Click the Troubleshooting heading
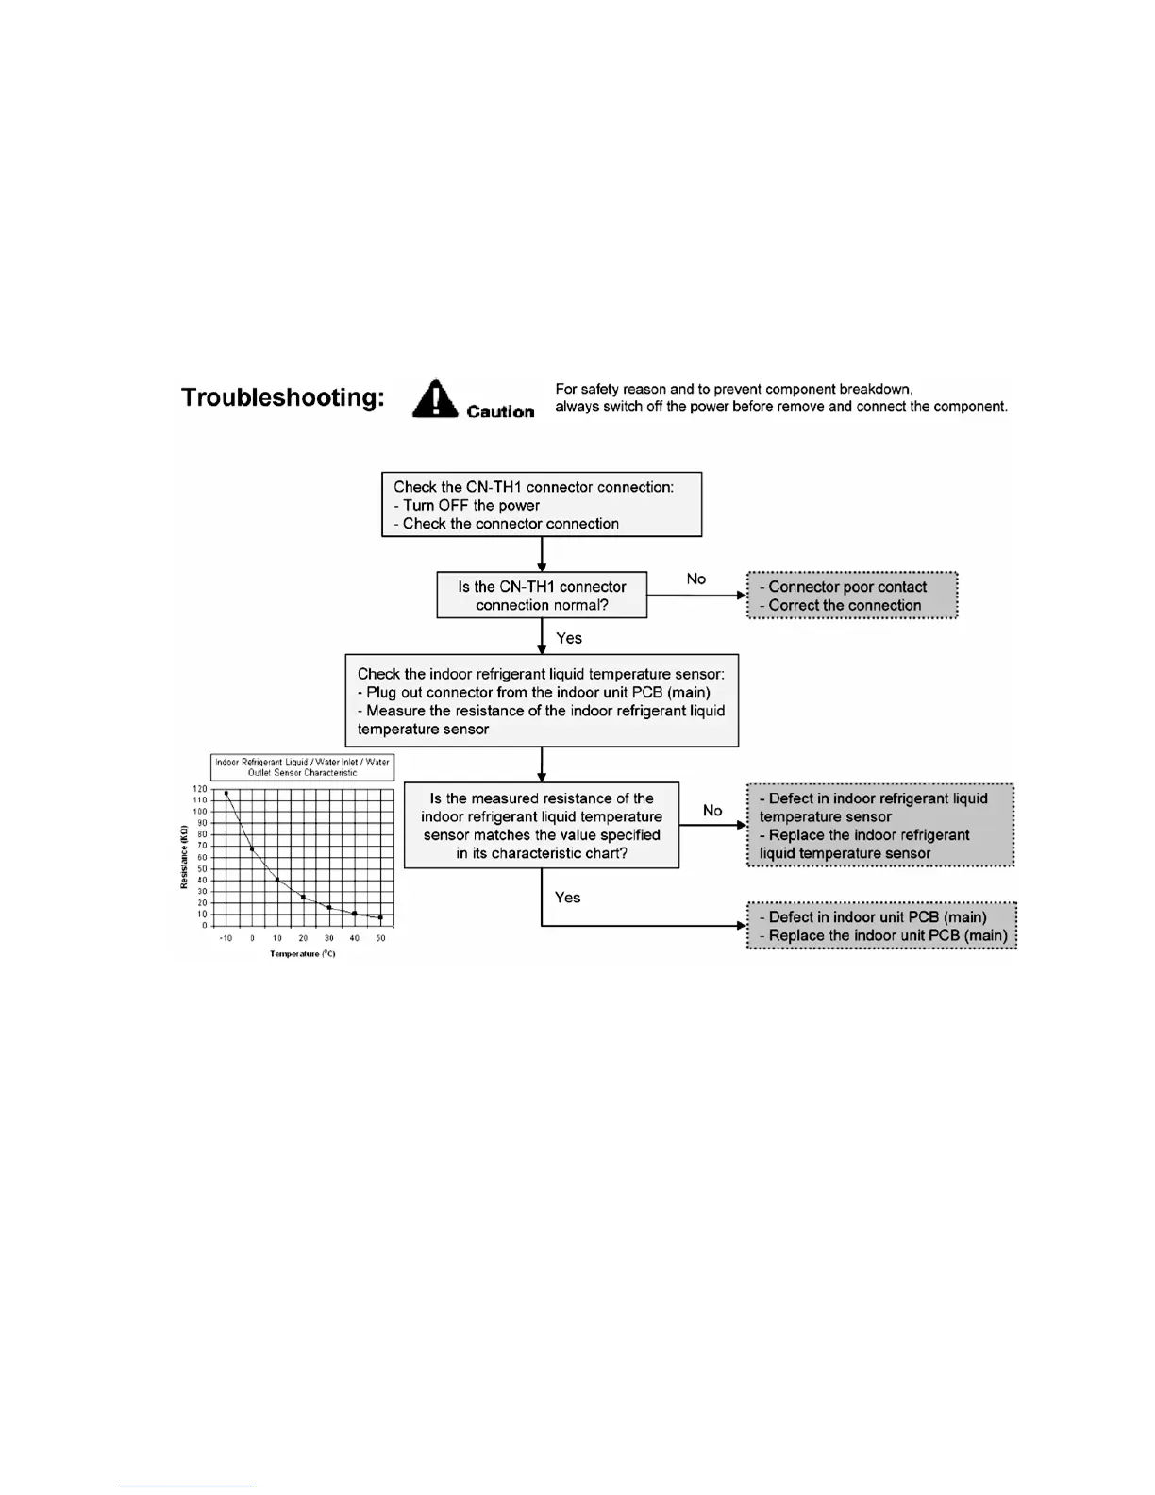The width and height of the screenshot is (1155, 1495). (283, 397)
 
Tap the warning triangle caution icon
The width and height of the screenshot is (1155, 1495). (434, 399)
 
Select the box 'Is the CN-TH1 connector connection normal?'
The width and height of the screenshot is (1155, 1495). (542, 596)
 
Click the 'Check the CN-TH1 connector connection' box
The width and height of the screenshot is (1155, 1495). (542, 505)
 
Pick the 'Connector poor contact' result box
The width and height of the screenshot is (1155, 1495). (852, 596)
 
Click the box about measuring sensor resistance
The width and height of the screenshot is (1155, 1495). (542, 701)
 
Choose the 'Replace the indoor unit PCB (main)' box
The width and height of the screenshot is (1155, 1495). (882, 926)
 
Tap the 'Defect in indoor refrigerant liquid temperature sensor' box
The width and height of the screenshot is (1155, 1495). (880, 825)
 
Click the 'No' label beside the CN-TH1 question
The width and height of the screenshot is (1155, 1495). (696, 579)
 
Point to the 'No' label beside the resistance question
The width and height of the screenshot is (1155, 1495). (712, 811)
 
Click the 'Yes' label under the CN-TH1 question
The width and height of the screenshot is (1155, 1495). (569, 638)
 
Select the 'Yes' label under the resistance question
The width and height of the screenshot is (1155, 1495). (567, 898)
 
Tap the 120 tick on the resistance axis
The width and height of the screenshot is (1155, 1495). (200, 789)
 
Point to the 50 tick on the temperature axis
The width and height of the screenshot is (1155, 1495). (380, 938)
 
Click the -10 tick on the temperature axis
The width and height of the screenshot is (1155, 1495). (226, 938)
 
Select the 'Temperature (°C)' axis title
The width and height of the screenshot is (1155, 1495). (302, 954)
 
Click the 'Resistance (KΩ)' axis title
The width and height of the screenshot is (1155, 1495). (184, 857)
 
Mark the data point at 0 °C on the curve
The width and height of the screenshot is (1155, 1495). (252, 849)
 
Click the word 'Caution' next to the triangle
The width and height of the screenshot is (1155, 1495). (500, 412)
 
